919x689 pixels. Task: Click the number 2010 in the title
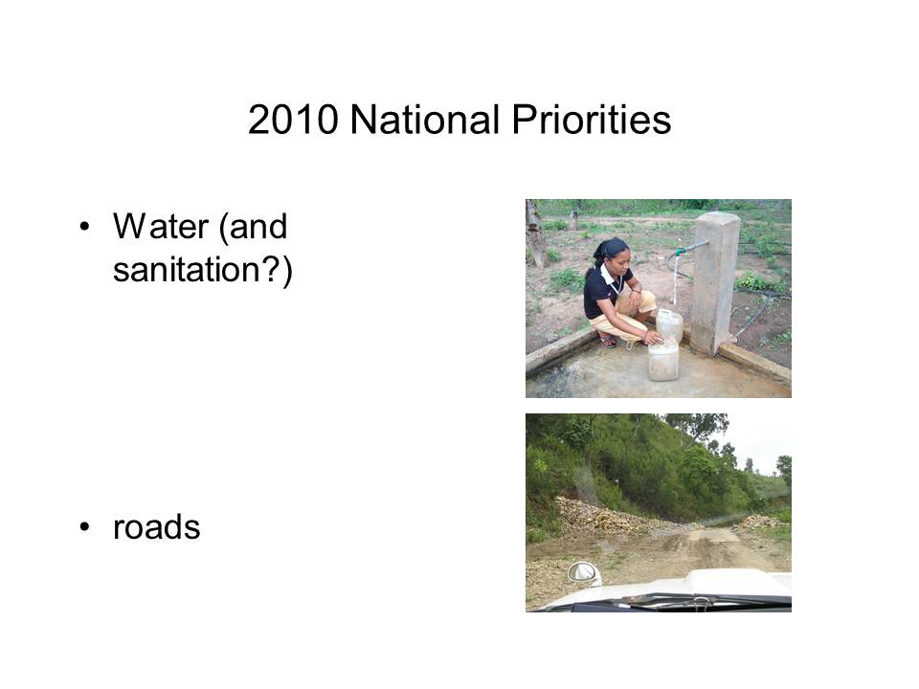293,121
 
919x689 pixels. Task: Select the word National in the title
425,121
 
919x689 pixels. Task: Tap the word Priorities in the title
592,122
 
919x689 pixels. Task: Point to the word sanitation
186,270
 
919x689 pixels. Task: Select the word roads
156,526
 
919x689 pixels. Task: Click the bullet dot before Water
85,227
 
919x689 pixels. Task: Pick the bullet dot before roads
85,527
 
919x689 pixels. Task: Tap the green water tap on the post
680,252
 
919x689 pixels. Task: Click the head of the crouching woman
612,252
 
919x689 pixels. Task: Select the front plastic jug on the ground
663,362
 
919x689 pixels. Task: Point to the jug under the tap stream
669,325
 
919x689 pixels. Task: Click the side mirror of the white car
584,573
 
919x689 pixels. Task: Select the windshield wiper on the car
704,600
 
